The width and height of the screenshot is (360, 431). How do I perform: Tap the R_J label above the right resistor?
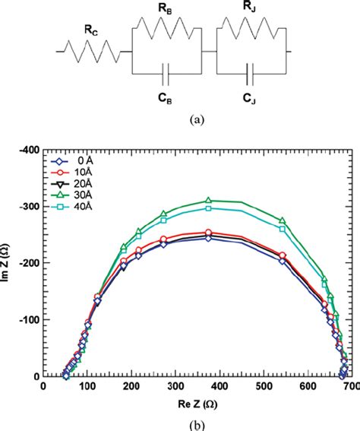pyautogui.click(x=251, y=8)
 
